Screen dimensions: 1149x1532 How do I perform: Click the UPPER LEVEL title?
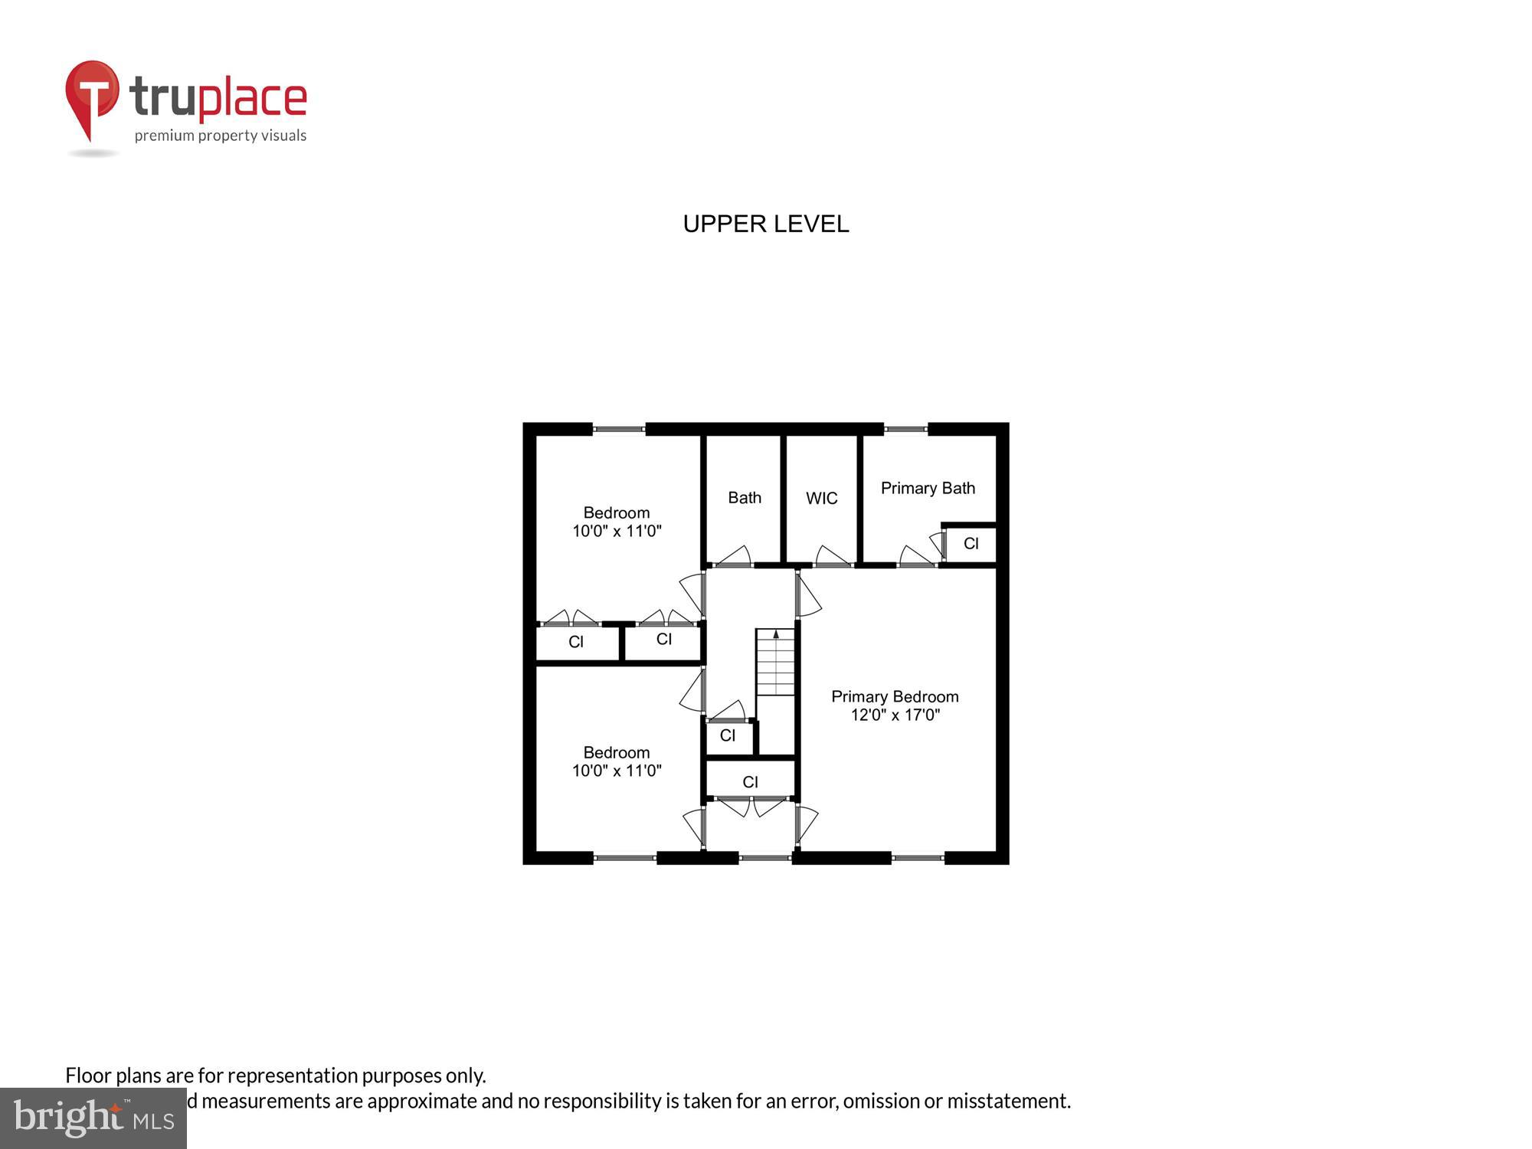tap(765, 224)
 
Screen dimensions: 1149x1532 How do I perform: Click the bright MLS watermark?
tap(93, 1118)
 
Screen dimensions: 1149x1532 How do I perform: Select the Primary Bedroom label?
tap(895, 696)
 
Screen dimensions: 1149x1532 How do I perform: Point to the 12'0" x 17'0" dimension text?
tap(895, 715)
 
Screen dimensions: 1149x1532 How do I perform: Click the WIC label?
tap(821, 499)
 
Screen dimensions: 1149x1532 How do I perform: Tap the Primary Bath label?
tap(928, 488)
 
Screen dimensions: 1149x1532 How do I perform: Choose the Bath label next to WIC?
tap(745, 498)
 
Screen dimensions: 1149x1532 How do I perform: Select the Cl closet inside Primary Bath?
tap(971, 544)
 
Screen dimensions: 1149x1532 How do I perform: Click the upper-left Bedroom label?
tap(617, 512)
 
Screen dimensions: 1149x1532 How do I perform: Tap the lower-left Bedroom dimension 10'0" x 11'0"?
tap(617, 771)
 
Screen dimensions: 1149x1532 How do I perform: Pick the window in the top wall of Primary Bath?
tap(905, 430)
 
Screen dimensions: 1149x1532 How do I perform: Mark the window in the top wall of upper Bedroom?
tap(619, 430)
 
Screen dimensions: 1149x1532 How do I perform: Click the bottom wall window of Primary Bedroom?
tap(918, 858)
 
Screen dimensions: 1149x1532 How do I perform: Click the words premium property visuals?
tap(221, 136)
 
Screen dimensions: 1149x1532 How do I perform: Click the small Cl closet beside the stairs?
tap(728, 735)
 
